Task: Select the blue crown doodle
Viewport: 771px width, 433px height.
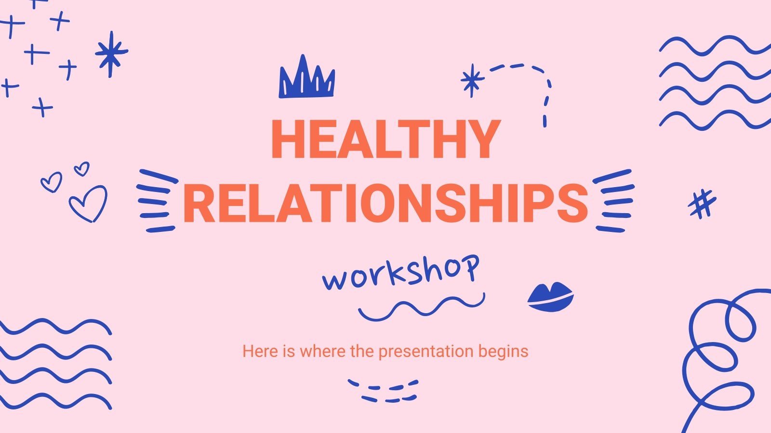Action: [x=306, y=79]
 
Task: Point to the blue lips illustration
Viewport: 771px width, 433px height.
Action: [x=550, y=296]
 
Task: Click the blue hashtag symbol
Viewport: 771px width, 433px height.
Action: [x=702, y=204]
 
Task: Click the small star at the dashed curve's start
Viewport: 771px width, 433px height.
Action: [x=472, y=80]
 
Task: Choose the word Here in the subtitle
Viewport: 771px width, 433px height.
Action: [x=260, y=351]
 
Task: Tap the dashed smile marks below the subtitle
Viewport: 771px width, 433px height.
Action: [x=384, y=390]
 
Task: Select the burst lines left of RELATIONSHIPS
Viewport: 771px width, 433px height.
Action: [x=156, y=201]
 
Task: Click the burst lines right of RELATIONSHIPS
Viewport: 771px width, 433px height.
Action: [x=613, y=201]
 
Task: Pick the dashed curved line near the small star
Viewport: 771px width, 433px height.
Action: [x=535, y=87]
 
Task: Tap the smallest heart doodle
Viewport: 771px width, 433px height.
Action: [x=81, y=169]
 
